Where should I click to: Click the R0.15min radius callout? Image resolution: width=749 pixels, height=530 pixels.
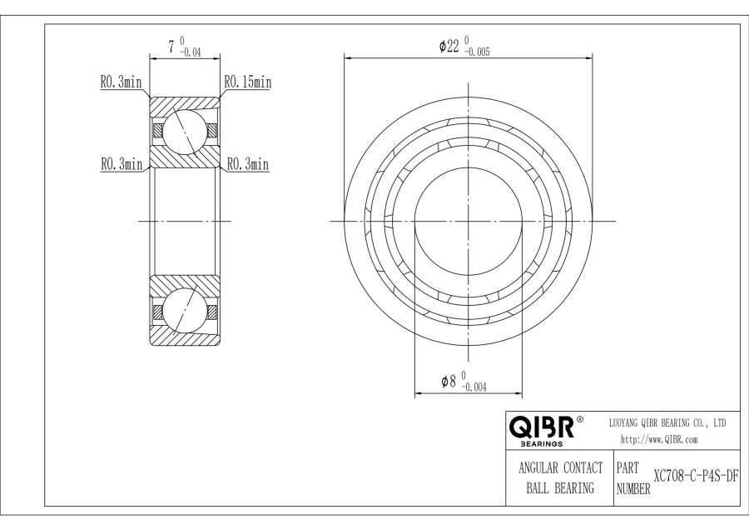pos(248,82)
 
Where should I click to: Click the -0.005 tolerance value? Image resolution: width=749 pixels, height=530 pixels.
pos(477,52)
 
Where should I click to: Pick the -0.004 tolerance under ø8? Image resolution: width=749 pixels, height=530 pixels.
pos(474,387)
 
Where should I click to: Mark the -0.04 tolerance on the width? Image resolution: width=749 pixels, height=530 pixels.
pos(190,52)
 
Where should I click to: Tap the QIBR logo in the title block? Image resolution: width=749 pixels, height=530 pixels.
pos(542,427)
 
